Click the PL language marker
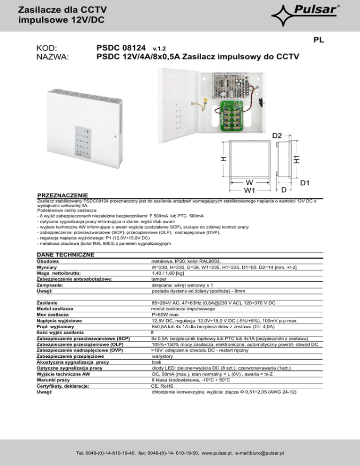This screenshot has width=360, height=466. click(319, 41)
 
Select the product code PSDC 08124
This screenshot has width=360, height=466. click(123, 48)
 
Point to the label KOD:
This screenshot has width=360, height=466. click(47, 48)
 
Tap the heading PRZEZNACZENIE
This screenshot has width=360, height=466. click(63, 195)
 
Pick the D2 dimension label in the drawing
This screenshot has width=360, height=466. click(278, 135)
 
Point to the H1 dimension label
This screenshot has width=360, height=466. click(296, 157)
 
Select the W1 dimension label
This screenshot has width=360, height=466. click(249, 190)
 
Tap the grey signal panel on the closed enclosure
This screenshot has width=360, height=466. click(86, 143)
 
